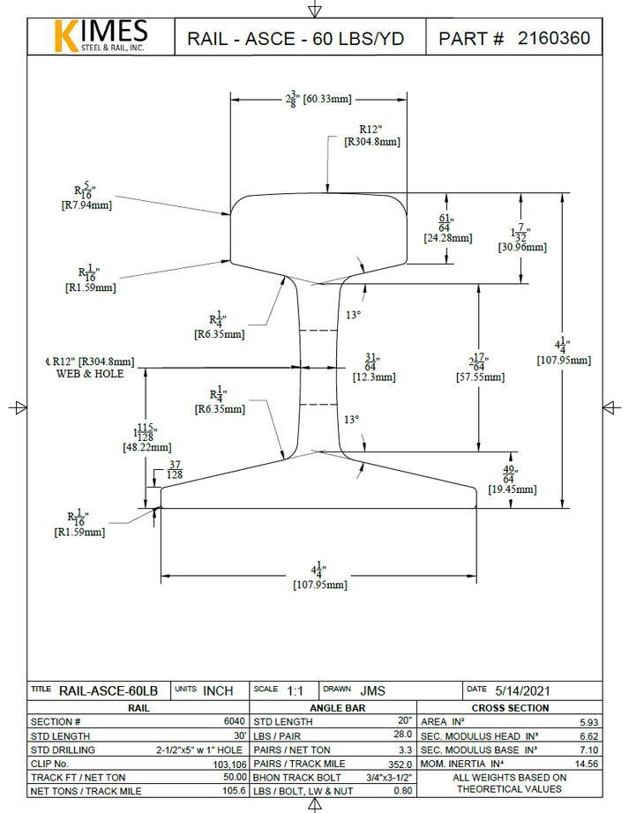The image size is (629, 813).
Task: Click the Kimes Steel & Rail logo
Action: (101, 36)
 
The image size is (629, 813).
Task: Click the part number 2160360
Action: (553, 39)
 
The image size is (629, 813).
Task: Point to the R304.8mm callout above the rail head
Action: (372, 141)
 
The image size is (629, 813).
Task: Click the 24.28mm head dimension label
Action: (448, 238)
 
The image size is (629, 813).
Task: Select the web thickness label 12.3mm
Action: (373, 377)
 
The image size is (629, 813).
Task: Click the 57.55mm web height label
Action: (481, 377)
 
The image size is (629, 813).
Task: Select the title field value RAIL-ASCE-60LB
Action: (109, 690)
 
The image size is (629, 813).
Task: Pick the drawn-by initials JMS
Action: (371, 690)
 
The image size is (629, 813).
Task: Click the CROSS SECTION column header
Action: (510, 708)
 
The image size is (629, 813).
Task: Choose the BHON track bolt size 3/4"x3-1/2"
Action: (386, 778)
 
